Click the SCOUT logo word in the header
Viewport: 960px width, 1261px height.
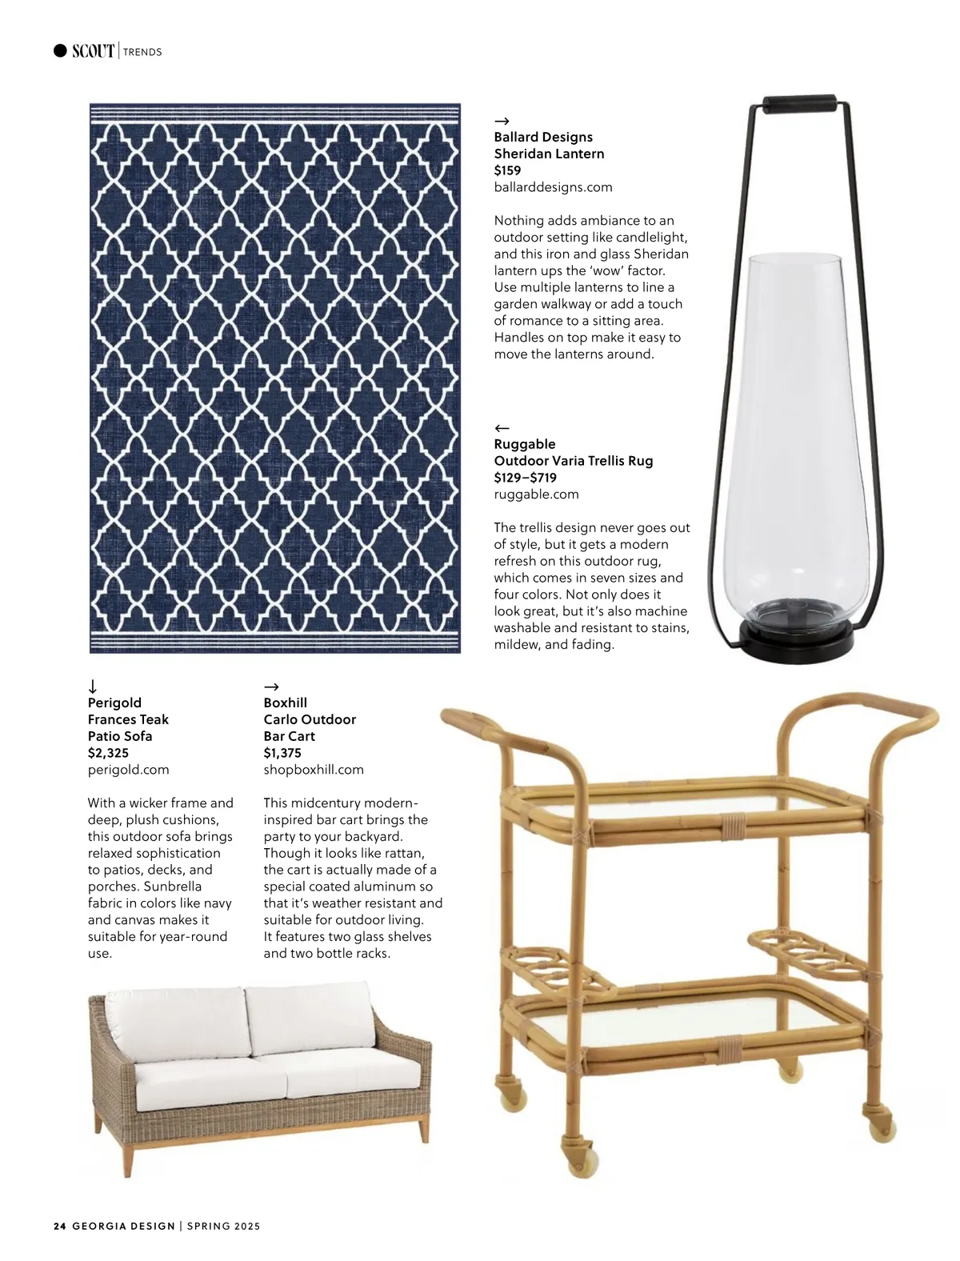(93, 51)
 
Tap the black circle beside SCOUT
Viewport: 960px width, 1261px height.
(60, 51)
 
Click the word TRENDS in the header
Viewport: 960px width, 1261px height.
(143, 52)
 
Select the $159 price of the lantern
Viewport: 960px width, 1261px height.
(507, 170)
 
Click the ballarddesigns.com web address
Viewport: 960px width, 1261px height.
(553, 187)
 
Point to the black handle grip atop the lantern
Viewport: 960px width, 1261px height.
(800, 104)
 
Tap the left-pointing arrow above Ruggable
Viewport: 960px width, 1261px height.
(502, 427)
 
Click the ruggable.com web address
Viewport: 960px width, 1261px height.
(536, 494)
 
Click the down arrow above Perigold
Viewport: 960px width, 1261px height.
(93, 686)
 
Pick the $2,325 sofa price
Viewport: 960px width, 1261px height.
(108, 753)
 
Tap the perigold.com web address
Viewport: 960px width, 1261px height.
(128, 770)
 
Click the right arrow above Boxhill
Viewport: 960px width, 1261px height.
(271, 687)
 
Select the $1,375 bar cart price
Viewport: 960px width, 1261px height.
(282, 753)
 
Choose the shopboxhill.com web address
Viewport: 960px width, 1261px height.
(314, 770)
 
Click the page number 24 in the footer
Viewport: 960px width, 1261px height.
(59, 1226)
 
